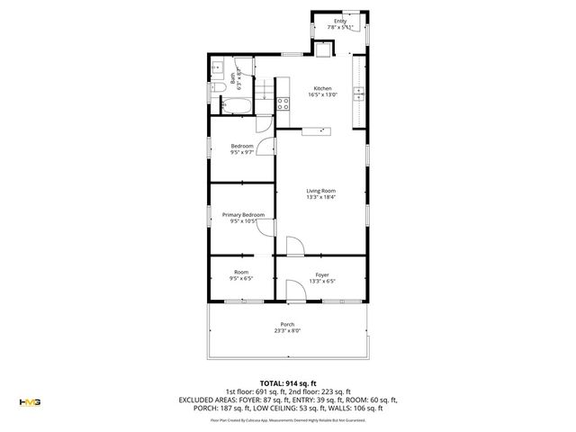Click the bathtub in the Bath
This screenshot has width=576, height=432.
pos(238,106)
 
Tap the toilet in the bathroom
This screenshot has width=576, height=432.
pos(219,87)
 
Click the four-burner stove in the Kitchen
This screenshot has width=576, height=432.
pos(283,103)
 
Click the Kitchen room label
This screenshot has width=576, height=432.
pos(322,88)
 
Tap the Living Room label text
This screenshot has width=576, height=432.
pos(321,191)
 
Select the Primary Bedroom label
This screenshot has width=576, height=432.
pos(243,215)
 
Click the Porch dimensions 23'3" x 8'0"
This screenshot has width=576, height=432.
pos(287,331)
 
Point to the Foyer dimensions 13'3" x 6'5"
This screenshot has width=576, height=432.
pos(322,281)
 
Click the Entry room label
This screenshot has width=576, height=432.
pos(339,21)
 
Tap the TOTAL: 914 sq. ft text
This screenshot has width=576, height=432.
pos(287,383)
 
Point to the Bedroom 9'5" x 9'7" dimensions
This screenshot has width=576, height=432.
pos(242,152)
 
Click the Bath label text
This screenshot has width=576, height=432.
pos(233,78)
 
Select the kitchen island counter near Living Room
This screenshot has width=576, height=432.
pos(316,130)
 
